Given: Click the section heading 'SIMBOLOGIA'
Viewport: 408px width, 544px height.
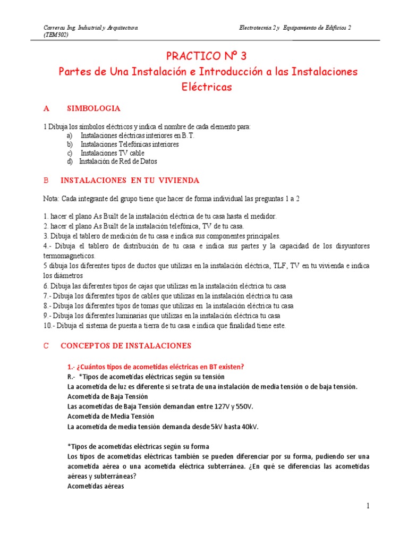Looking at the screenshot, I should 93,108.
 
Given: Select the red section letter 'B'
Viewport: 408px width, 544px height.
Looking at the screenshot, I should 46,181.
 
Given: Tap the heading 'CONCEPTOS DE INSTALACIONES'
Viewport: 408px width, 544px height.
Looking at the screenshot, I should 126,346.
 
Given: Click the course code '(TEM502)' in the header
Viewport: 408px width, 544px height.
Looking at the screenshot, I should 56,35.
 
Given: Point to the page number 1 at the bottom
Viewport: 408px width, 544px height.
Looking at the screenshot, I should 367,506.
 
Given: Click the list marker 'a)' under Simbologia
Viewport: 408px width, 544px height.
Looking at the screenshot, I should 70,135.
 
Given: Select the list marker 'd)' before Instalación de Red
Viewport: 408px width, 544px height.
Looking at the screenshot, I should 70,161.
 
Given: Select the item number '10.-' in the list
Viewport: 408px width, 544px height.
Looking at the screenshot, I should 49,326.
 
